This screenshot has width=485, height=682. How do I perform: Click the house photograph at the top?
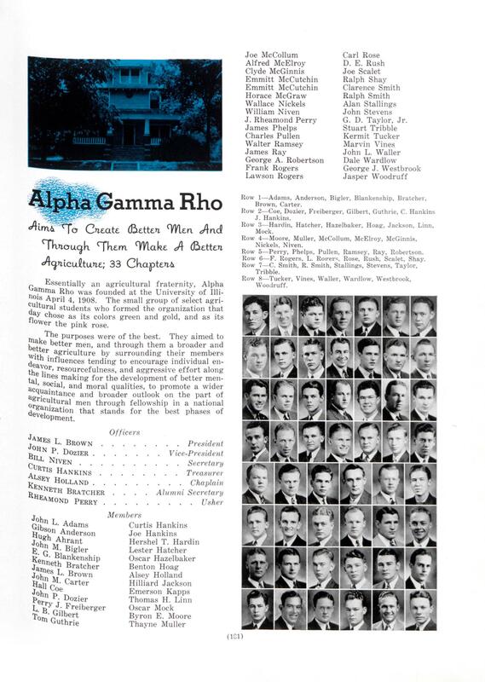tap(124, 113)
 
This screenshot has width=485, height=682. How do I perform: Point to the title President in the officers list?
tap(204, 444)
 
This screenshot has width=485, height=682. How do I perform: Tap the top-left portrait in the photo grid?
tap(256, 315)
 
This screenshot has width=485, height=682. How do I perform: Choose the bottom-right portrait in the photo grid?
tap(422, 610)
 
